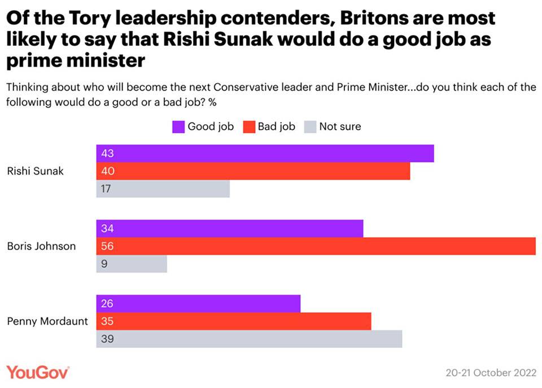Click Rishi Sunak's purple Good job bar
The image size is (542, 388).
265,154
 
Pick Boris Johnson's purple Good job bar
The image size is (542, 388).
229,229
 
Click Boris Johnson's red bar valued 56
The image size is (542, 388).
316,246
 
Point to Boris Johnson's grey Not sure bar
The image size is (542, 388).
132,264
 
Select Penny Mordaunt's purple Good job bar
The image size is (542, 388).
198,304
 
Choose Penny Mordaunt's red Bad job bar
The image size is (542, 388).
234,321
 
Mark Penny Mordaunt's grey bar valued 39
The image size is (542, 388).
249,339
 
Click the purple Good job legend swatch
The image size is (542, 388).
178,127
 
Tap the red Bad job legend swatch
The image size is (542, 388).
249,127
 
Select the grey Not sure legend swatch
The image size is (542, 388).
310,127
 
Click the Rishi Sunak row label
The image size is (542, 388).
35,171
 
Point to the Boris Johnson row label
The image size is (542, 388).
41,246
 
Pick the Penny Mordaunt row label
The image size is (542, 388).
47,321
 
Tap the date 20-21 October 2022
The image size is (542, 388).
490,373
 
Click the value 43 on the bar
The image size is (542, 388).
107,154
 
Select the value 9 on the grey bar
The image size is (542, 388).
104,264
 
